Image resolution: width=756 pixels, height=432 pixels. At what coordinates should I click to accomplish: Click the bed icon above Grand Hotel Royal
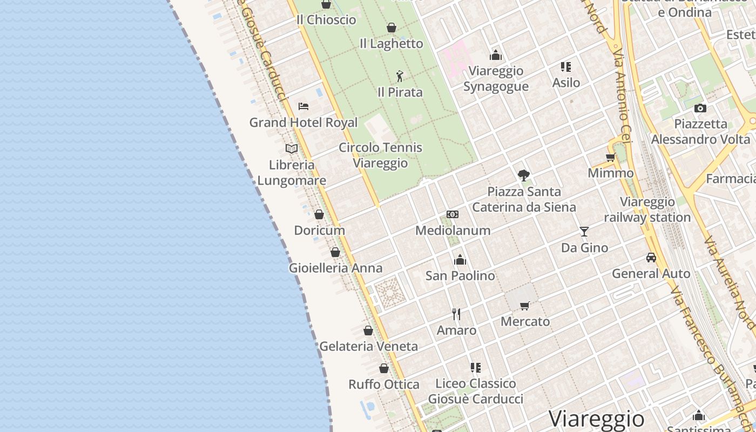pyautogui.click(x=303, y=106)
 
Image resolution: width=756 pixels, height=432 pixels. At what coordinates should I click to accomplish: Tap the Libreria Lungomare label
pyautogui.click(x=292, y=173)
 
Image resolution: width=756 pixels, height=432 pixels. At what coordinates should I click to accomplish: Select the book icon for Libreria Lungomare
pyautogui.click(x=292, y=148)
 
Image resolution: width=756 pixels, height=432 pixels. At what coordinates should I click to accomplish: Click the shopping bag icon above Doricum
pyautogui.click(x=319, y=214)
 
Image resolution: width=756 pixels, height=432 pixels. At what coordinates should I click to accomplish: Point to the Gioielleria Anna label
pyautogui.click(x=335, y=268)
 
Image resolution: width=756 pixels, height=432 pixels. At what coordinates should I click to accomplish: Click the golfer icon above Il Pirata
pyautogui.click(x=400, y=76)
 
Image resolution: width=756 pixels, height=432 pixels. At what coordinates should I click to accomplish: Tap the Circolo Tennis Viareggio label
pyautogui.click(x=381, y=155)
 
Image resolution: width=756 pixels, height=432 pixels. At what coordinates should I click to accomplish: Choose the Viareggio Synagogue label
pyautogui.click(x=496, y=78)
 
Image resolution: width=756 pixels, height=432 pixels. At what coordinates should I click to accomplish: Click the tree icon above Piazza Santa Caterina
pyautogui.click(x=523, y=175)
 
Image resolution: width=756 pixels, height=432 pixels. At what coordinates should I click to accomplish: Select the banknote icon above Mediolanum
pyautogui.click(x=453, y=214)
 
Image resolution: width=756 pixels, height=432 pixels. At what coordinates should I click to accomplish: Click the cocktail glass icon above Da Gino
pyautogui.click(x=584, y=232)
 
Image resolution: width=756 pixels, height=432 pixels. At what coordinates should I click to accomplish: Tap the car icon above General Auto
pyautogui.click(x=651, y=258)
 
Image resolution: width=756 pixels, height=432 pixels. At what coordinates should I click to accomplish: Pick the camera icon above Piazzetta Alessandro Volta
pyautogui.click(x=700, y=108)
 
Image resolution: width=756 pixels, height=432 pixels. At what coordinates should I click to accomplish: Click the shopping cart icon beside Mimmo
pyautogui.click(x=610, y=157)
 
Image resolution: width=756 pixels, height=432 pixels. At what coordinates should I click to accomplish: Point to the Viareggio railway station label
pyautogui.click(x=647, y=210)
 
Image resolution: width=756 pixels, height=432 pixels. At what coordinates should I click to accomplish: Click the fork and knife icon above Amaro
pyautogui.click(x=456, y=314)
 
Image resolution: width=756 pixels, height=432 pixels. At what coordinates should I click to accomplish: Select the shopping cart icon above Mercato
pyautogui.click(x=524, y=306)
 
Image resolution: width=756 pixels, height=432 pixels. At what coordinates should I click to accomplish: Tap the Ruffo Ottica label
pyautogui.click(x=383, y=384)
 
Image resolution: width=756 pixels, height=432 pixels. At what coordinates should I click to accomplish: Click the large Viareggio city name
pyautogui.click(x=596, y=419)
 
